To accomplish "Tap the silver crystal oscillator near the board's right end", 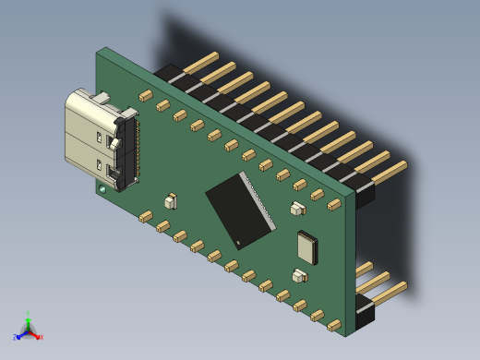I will point(306,246).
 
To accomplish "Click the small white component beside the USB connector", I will point(170,200).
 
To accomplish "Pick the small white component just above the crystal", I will point(297,209).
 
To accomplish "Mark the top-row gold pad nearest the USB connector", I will point(145,95).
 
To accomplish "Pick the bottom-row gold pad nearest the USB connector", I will point(145,216).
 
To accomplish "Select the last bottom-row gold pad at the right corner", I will point(334,325).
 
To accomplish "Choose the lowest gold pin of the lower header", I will point(388,293).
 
